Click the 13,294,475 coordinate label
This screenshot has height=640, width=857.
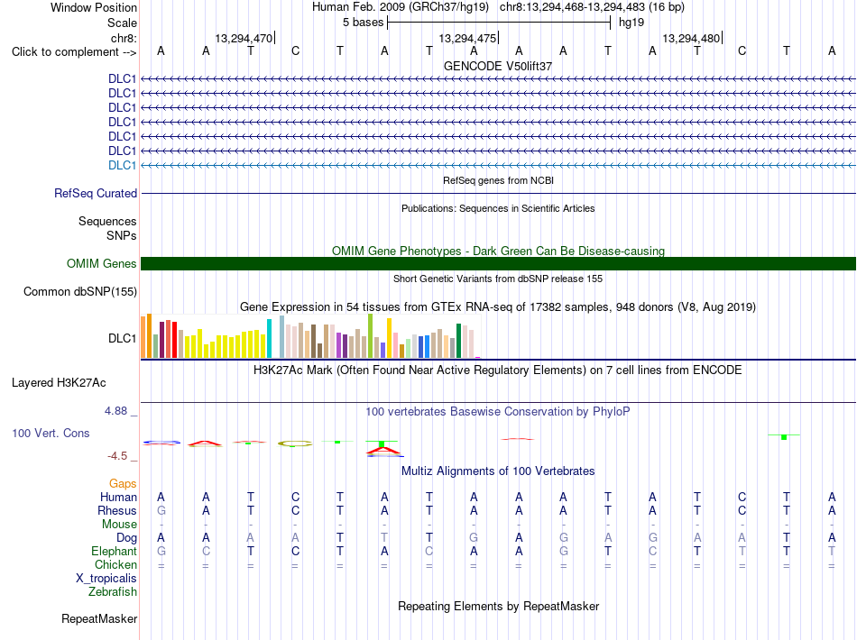[x=467, y=38]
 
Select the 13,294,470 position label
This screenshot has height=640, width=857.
[x=244, y=38]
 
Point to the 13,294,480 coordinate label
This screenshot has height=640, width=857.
[x=691, y=38]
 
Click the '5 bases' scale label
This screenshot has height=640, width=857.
[x=363, y=23]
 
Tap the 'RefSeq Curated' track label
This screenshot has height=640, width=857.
[x=96, y=193]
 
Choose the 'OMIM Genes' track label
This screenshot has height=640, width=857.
[x=102, y=264]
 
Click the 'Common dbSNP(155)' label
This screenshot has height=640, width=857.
[x=80, y=291]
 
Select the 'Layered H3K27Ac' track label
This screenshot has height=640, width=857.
[x=59, y=383]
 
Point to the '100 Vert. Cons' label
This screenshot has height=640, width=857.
[x=51, y=433]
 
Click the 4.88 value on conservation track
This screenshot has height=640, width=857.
[x=115, y=411]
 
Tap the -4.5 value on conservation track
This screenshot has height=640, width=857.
[x=117, y=456]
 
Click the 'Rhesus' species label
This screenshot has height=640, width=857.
[x=117, y=510]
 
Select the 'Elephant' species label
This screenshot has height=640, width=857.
[x=115, y=551]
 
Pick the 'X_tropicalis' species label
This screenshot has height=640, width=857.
[x=106, y=579]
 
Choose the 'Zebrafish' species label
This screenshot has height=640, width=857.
[x=113, y=592]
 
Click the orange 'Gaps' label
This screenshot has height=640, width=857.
[x=123, y=484]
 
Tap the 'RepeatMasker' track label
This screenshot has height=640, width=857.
[x=99, y=618]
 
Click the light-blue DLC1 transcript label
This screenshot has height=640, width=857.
[x=122, y=166]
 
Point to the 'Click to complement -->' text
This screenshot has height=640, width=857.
[x=74, y=52]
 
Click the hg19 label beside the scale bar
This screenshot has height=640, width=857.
[x=631, y=23]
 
